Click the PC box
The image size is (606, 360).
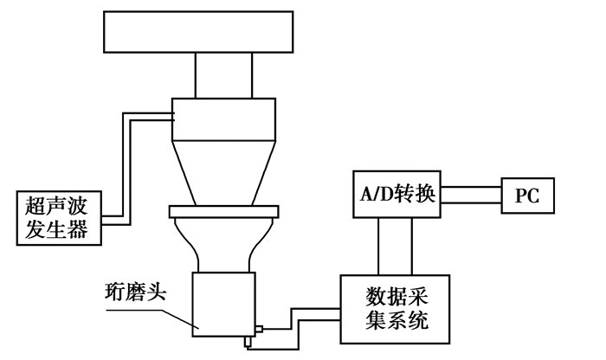pyautogui.click(x=527, y=196)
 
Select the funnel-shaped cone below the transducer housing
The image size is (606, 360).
pyautogui.click(x=224, y=165)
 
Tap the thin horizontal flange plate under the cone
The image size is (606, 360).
pyautogui.click(x=224, y=210)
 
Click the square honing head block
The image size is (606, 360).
pyautogui.click(x=222, y=303)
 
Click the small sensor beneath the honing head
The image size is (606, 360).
pyautogui.click(x=246, y=342)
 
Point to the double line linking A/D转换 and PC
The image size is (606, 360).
pyautogui.click(x=472, y=196)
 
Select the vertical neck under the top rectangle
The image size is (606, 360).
pyautogui.click(x=224, y=74)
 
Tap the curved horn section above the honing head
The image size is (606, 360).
pyautogui.click(x=223, y=243)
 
